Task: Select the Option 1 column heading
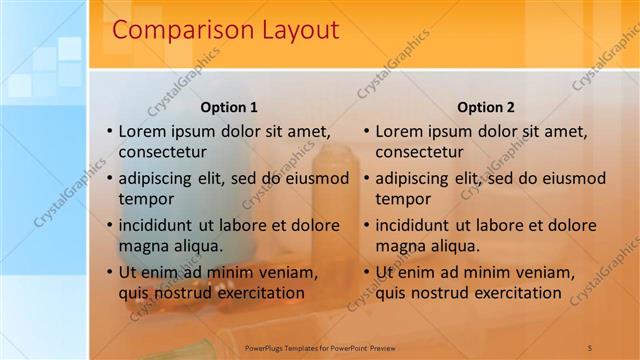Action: tap(229, 107)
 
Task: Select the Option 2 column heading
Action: tap(486, 107)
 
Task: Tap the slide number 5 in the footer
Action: tap(590, 347)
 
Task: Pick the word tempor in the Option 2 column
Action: tap(403, 199)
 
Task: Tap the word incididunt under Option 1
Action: tap(162, 225)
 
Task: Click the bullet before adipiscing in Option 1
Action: tap(109, 179)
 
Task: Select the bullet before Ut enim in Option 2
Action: tap(366, 272)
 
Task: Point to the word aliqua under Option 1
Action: tap(197, 246)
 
